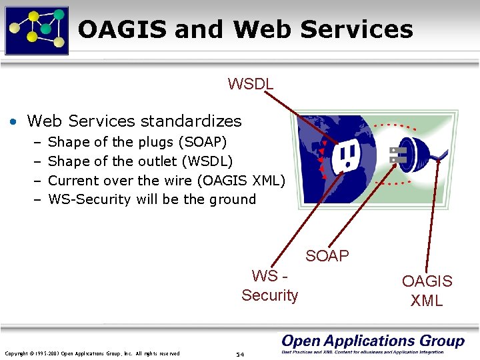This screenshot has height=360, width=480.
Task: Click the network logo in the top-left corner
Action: [37, 29]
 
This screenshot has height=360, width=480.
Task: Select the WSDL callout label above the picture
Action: [251, 84]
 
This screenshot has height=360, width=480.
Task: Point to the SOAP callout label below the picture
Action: [327, 256]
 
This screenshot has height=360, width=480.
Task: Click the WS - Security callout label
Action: [270, 285]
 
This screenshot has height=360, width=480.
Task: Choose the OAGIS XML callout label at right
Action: [427, 291]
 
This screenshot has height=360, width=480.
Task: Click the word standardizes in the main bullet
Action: [190, 121]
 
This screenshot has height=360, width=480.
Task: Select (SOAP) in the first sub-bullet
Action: [203, 142]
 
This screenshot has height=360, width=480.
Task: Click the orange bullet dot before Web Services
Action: [13, 122]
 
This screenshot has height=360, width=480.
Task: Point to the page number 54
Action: [241, 354]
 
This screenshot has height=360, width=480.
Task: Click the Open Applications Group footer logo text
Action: [373, 341]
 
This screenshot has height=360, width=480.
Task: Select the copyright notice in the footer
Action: [92, 353]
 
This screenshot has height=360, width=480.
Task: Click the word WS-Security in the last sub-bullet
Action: [89, 199]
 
